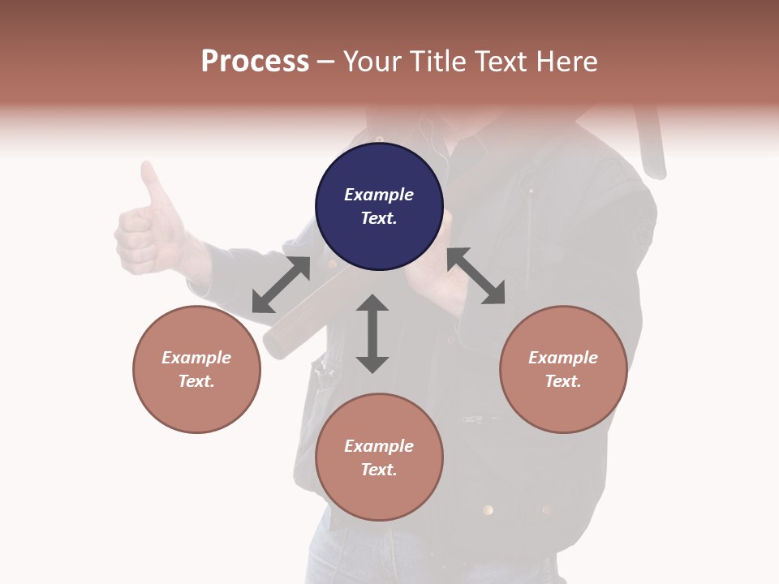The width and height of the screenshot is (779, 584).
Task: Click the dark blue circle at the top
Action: [379, 207]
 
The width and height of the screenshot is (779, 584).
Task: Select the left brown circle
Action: [196, 369]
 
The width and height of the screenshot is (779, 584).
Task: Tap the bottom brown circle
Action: [379, 457]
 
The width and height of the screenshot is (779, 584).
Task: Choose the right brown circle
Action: [563, 369]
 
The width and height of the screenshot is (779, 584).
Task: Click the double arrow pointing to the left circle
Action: [281, 285]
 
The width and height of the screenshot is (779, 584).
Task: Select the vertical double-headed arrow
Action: [372, 333]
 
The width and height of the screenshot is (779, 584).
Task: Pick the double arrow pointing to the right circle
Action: [476, 276]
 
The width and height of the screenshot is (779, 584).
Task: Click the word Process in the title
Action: [255, 61]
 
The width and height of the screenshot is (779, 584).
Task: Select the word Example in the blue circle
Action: [379, 195]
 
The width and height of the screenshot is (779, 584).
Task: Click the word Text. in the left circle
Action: [196, 381]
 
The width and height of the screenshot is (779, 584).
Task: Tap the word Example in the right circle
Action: [563, 358]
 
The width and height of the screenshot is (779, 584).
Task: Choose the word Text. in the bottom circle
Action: [379, 470]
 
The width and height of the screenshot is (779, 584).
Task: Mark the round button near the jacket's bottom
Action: [488, 509]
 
